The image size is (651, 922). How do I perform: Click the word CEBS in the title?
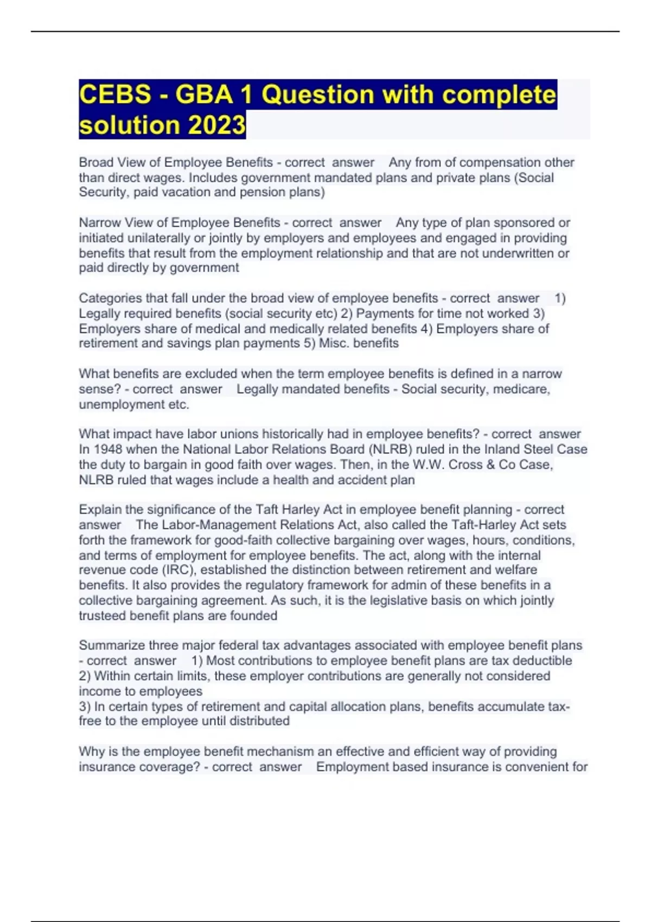(x=115, y=95)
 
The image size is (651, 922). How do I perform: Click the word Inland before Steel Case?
(x=502, y=449)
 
